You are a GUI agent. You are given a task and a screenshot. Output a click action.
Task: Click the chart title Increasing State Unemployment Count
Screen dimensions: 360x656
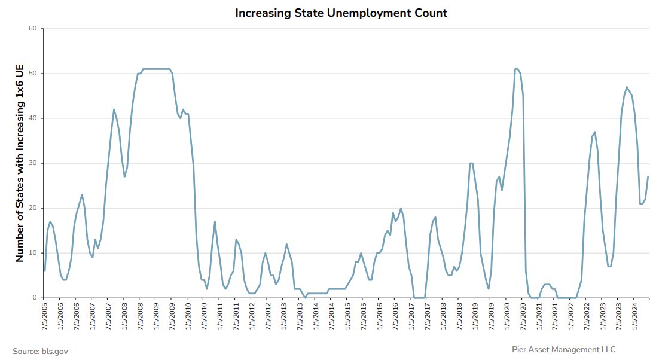pos(341,13)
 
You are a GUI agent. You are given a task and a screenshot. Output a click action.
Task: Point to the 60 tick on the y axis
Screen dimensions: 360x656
pos(33,29)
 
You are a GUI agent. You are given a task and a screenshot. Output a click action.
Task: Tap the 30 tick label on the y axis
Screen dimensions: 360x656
pos(33,163)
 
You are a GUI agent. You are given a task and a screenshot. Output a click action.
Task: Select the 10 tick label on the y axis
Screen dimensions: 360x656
pos(33,253)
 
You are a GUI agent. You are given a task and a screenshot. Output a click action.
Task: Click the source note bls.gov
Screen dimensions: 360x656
pos(41,351)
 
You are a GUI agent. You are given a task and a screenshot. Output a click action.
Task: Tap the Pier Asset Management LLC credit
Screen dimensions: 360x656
pos(563,349)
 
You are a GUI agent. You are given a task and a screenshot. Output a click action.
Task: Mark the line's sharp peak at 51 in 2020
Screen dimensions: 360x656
pos(517,69)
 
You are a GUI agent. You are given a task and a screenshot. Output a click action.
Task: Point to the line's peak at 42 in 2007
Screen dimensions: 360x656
pos(114,109)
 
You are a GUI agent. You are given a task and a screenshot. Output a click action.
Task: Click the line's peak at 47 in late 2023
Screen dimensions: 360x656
pos(627,87)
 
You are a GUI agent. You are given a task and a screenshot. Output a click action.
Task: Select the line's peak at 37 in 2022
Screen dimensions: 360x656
pos(595,132)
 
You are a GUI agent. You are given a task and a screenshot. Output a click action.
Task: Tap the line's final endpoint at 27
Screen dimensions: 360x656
pos(648,176)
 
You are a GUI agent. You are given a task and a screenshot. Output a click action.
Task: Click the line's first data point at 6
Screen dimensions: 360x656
pos(45,271)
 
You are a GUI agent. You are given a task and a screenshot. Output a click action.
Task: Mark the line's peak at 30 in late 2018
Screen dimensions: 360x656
pos(471,163)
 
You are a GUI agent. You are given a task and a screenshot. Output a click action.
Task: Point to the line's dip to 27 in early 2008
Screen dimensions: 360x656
pos(124,176)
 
